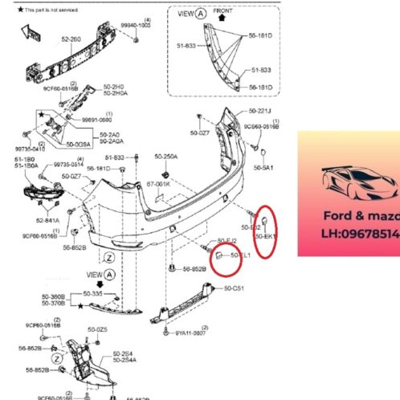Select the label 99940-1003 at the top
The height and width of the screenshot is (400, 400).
tap(136, 25)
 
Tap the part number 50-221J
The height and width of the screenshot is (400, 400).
tap(259, 110)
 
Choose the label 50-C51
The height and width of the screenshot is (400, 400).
tap(235, 288)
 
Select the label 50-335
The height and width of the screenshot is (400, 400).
tap(96, 295)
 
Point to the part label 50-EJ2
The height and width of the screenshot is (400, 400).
tap(227, 240)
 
